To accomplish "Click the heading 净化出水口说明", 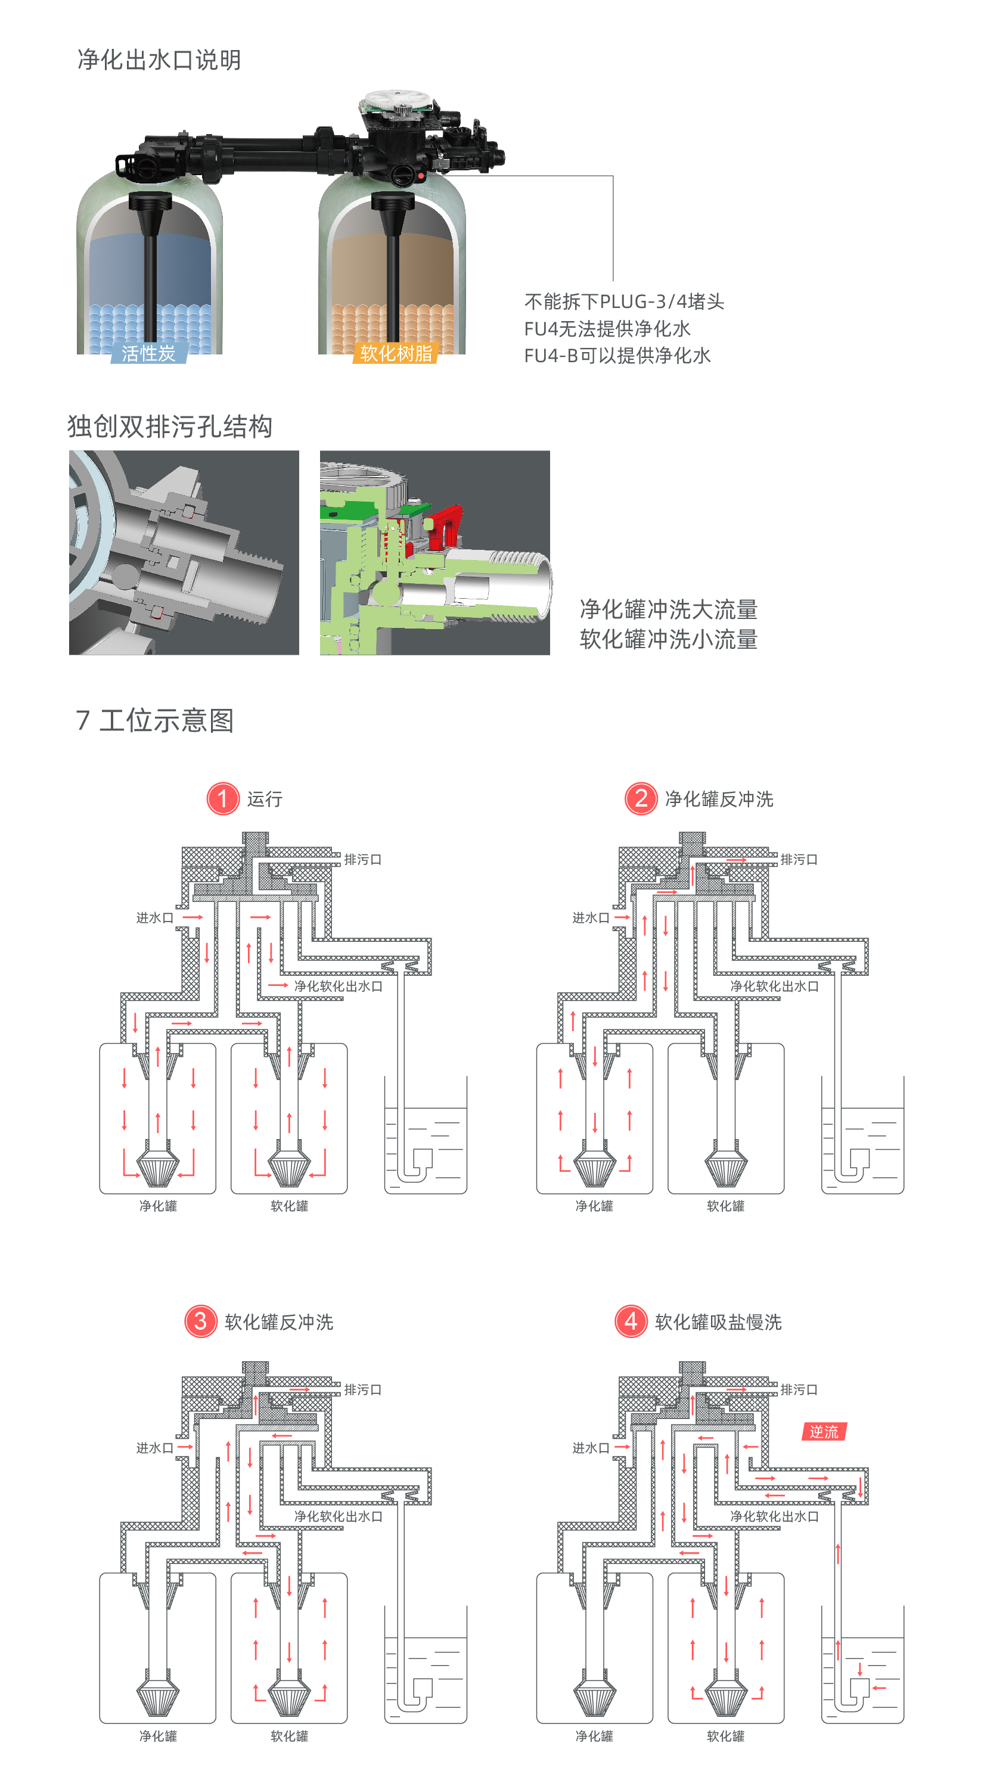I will click(159, 60).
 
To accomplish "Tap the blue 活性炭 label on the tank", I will click(148, 354).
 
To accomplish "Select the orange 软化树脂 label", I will click(396, 354).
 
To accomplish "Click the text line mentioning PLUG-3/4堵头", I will click(624, 301).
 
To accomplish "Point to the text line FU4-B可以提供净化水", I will click(617, 356).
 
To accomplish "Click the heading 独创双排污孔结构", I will click(170, 427).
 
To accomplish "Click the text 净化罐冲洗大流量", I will click(668, 609).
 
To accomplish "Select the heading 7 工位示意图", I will click(155, 720).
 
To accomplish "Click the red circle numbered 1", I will click(223, 799).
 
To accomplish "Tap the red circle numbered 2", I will click(640, 799).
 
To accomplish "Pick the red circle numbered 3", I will click(200, 1321).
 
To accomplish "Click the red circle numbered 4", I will click(631, 1321).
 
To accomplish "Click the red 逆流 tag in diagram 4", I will click(824, 1432).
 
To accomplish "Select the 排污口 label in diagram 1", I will click(363, 860).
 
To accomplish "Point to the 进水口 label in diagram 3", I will click(154, 1448).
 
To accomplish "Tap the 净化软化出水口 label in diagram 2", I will click(774, 986).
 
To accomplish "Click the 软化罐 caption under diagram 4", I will click(725, 1736).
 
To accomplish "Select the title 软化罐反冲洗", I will click(279, 1322).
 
